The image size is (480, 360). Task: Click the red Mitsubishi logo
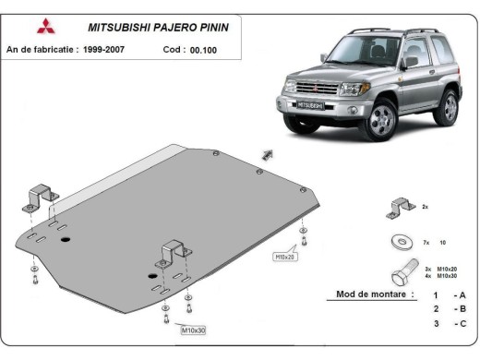(x=46, y=27)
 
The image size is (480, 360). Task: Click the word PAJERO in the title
(x=176, y=28)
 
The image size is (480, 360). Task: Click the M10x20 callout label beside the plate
(x=285, y=256)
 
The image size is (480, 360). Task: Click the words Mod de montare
(x=363, y=295)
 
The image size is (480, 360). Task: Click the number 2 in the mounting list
(x=435, y=309)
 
